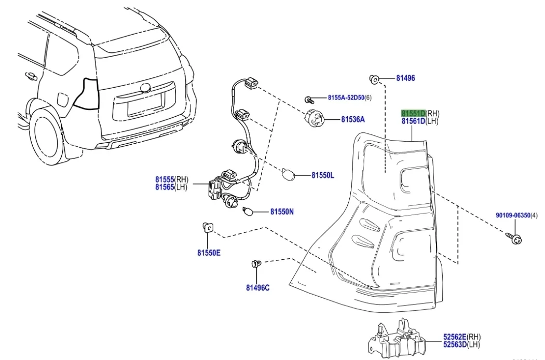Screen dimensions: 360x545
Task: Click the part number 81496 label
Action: pyautogui.click(x=405, y=78)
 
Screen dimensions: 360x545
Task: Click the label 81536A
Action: pyautogui.click(x=353, y=120)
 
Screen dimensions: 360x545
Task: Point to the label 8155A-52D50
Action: pyautogui.click(x=346, y=98)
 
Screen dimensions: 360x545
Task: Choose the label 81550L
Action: pyautogui.click(x=322, y=176)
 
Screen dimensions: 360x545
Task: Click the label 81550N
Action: pyautogui.click(x=282, y=212)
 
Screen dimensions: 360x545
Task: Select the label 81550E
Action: pyautogui.click(x=209, y=253)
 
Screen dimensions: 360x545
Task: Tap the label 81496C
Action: pyautogui.click(x=257, y=287)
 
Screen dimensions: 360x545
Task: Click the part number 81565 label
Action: pyautogui.click(x=164, y=187)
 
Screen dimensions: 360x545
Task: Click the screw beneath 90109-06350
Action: pyautogui.click(x=515, y=238)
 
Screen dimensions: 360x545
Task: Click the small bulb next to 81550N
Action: pyautogui.click(x=249, y=211)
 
